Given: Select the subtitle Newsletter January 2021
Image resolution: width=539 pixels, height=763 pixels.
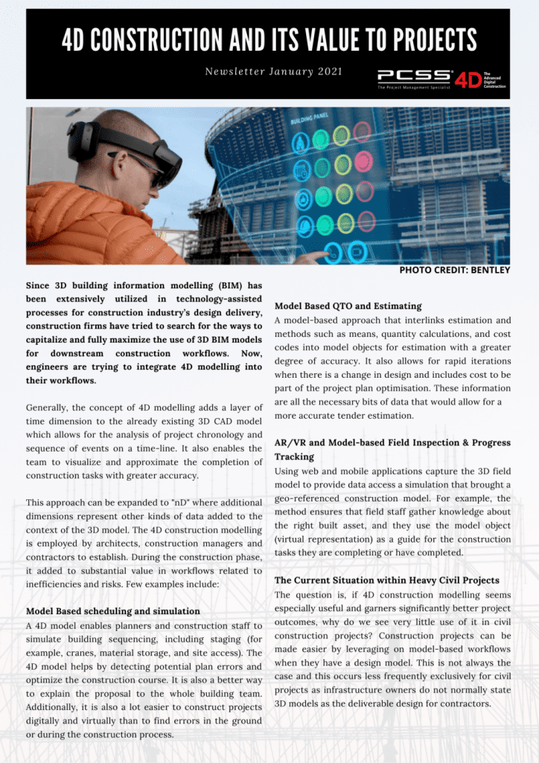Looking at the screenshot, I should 274,72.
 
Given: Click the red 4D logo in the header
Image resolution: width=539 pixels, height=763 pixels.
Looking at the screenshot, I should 468,78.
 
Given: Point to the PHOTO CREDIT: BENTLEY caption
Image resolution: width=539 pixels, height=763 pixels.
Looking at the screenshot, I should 455,270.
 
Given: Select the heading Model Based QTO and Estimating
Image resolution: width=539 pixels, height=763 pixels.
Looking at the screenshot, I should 348,305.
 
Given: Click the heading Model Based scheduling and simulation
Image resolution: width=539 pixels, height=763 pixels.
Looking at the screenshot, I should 108,611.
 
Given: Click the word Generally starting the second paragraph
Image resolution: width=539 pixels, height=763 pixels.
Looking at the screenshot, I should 52,408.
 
